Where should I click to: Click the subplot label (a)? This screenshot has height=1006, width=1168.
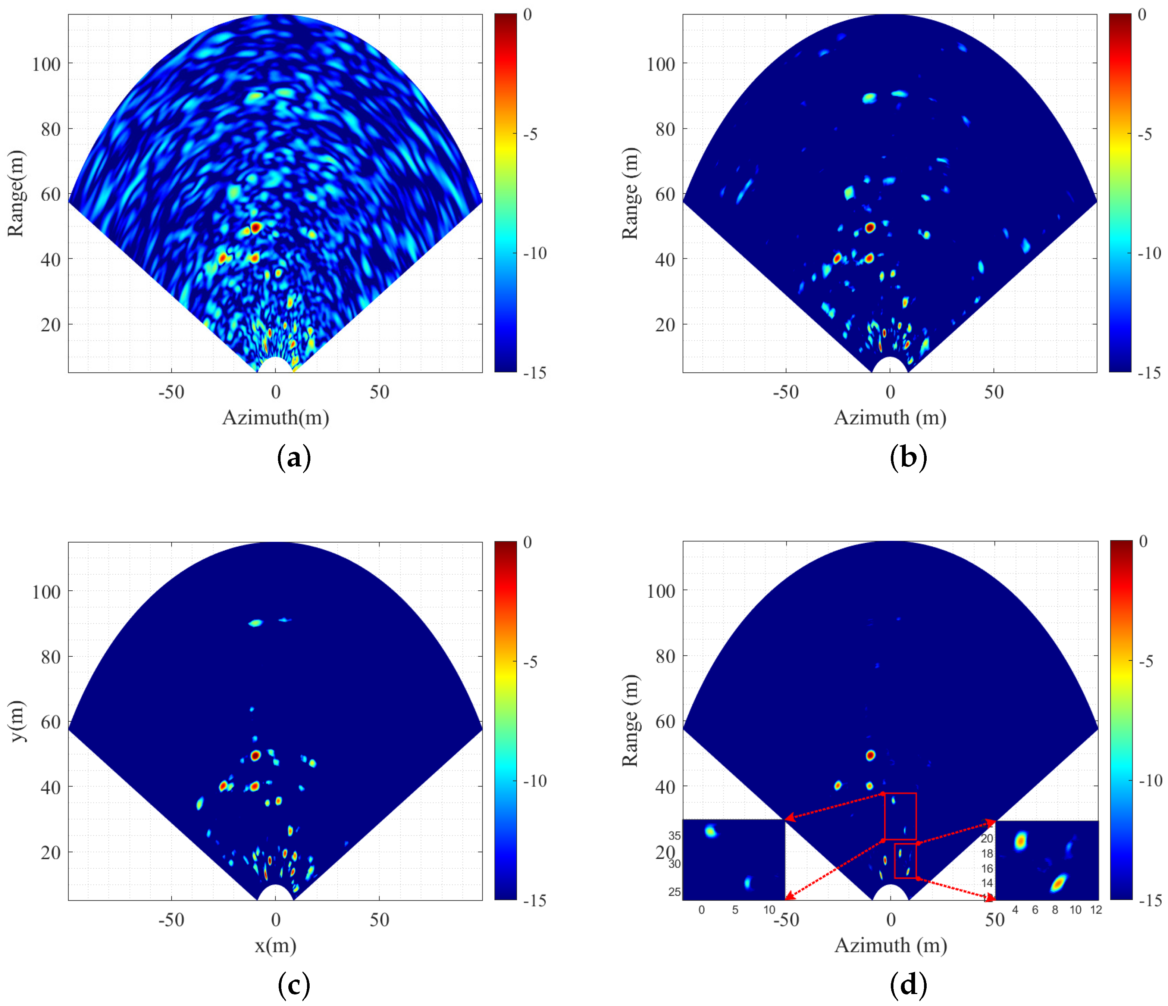pos(294,457)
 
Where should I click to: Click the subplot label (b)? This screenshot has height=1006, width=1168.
pos(908,457)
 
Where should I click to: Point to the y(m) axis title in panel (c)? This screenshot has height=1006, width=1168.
pos(17,721)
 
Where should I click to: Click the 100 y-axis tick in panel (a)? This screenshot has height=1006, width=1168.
pos(46,64)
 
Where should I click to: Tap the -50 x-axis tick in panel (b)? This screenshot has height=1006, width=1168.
pos(785,393)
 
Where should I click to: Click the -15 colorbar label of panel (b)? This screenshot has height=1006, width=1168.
pos(1148,373)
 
